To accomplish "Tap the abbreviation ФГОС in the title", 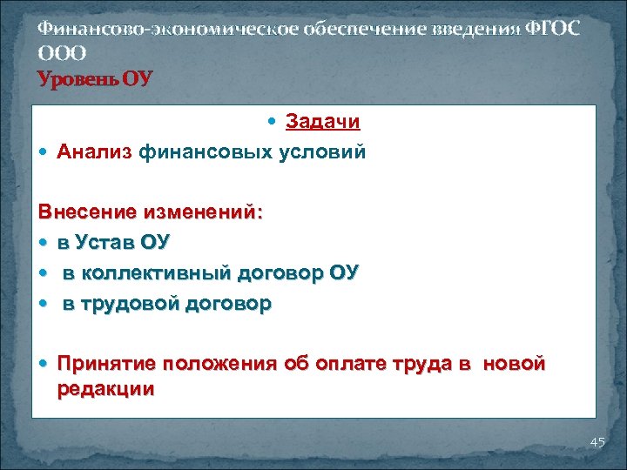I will click(x=550, y=29).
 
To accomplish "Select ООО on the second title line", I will click(x=62, y=53).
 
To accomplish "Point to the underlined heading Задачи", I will click(x=323, y=123).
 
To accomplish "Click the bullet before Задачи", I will click(x=274, y=124).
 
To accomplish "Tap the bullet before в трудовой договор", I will click(x=44, y=305).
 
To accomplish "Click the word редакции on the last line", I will click(x=105, y=389).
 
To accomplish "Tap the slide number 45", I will click(x=597, y=443).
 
